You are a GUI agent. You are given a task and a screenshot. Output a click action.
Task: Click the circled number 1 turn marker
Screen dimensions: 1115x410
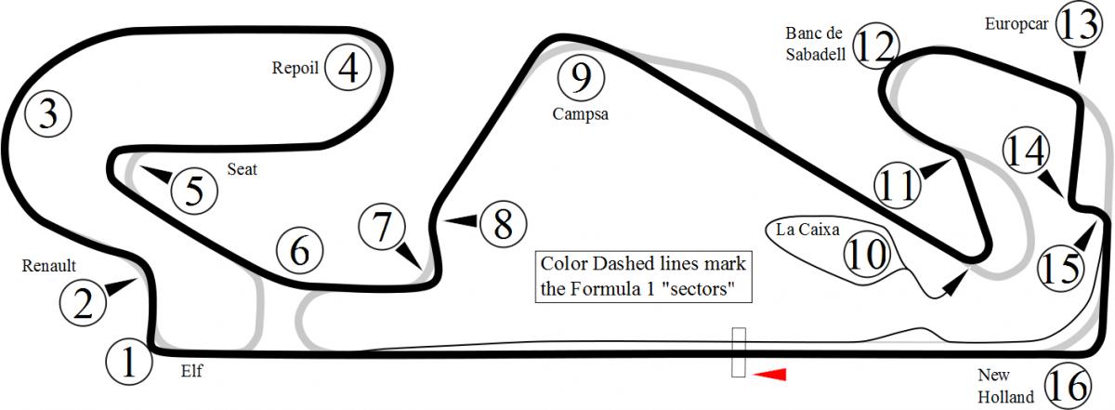click(x=129, y=363)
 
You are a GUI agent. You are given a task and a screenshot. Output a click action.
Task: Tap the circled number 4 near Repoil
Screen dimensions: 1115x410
click(x=348, y=67)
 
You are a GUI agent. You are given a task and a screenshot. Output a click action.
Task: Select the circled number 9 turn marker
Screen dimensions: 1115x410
click(x=581, y=78)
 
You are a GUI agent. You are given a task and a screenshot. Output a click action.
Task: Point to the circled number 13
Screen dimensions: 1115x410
click(x=1079, y=24)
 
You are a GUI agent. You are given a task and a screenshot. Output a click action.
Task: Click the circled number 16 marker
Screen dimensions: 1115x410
click(x=1068, y=386)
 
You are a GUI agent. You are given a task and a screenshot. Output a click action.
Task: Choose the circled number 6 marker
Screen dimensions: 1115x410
click(x=299, y=251)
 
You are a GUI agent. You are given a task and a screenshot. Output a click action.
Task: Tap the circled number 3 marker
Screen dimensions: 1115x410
click(x=47, y=114)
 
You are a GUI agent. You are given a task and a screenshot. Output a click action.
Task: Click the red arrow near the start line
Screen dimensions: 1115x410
click(x=769, y=374)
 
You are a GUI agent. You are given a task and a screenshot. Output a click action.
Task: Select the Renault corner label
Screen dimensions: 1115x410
click(x=48, y=266)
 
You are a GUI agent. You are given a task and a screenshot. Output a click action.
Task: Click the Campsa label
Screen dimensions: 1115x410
click(x=581, y=114)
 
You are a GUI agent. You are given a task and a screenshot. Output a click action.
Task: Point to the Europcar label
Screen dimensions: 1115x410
click(x=1017, y=24)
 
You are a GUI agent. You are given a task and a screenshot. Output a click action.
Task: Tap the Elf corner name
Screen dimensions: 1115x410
click(x=191, y=371)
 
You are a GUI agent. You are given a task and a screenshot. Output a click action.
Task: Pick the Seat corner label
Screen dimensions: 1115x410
click(x=242, y=169)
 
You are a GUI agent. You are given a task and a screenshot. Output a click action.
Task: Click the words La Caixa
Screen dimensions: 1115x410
click(x=807, y=229)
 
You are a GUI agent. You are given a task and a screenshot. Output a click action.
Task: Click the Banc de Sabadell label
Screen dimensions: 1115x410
click(x=816, y=44)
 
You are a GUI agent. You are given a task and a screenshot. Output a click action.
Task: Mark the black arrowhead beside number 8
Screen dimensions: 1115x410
click(x=461, y=220)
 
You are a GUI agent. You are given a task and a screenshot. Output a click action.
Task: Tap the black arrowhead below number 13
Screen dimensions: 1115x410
click(x=1079, y=65)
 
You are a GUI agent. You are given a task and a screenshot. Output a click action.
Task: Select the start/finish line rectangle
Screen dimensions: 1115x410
click(x=738, y=351)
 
